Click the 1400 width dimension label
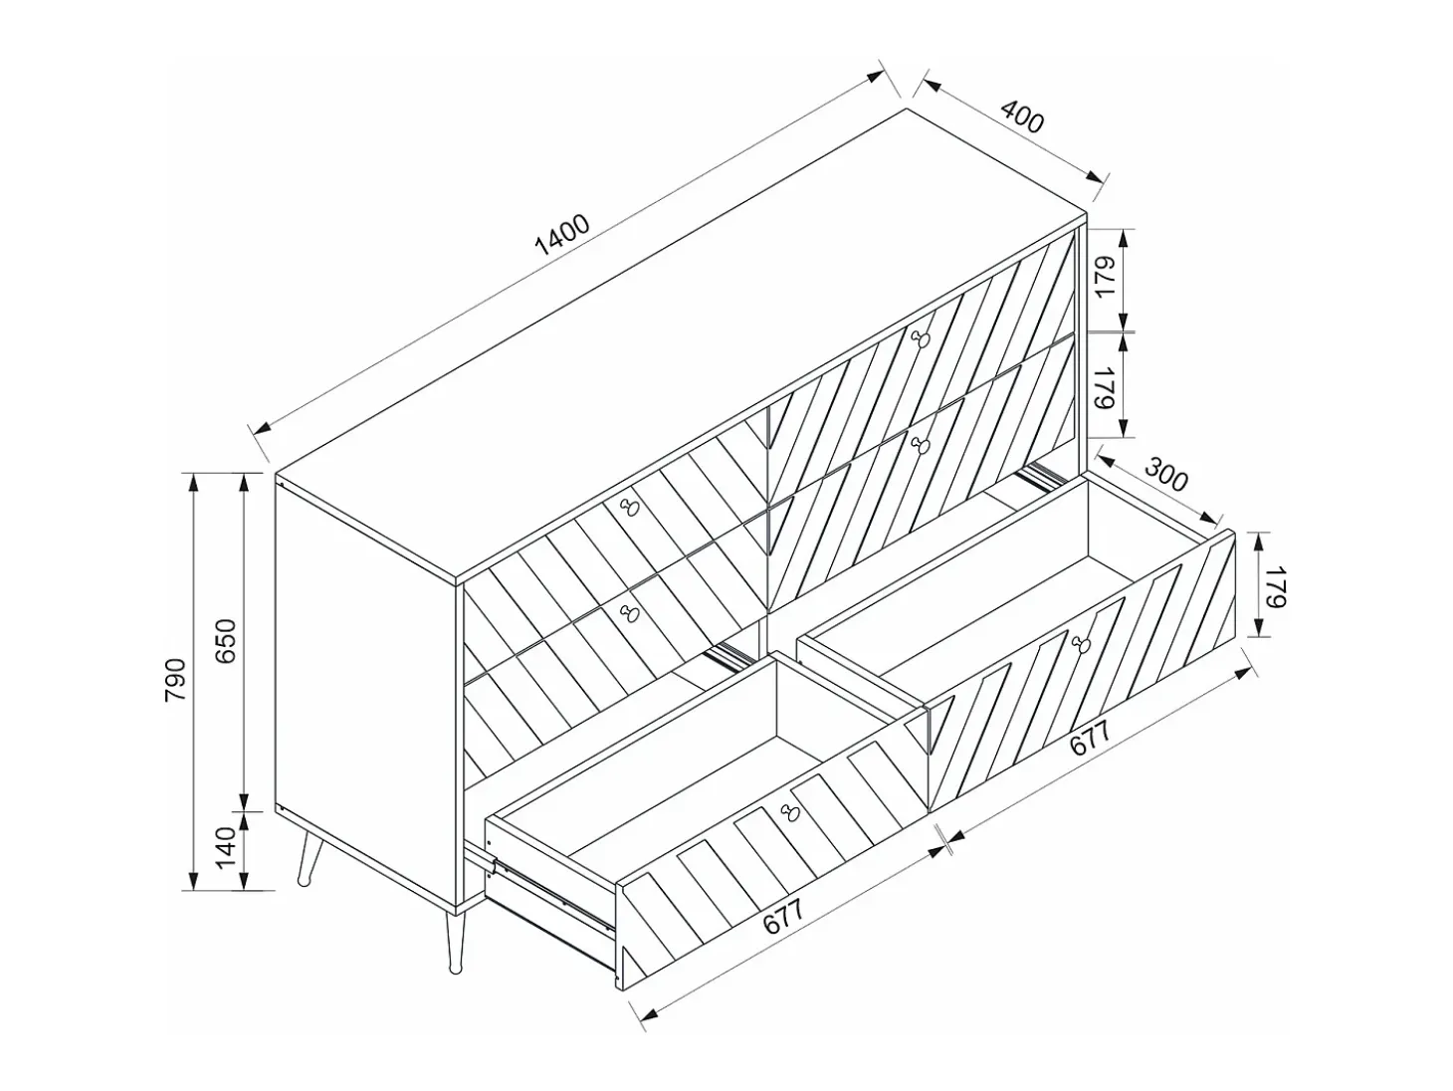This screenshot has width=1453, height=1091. (561, 234)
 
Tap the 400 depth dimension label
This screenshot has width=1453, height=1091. (1021, 116)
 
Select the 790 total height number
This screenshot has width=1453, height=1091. (175, 680)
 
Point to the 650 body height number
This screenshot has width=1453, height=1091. (226, 641)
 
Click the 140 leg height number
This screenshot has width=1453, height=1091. (226, 847)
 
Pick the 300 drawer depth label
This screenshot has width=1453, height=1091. (1166, 474)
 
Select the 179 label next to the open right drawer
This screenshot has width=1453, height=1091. (1274, 586)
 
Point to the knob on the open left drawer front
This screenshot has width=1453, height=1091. (790, 811)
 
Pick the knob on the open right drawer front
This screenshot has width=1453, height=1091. (1080, 643)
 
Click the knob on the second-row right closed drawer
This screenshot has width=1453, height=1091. (920, 444)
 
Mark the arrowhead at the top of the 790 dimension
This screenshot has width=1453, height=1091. (193, 483)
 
